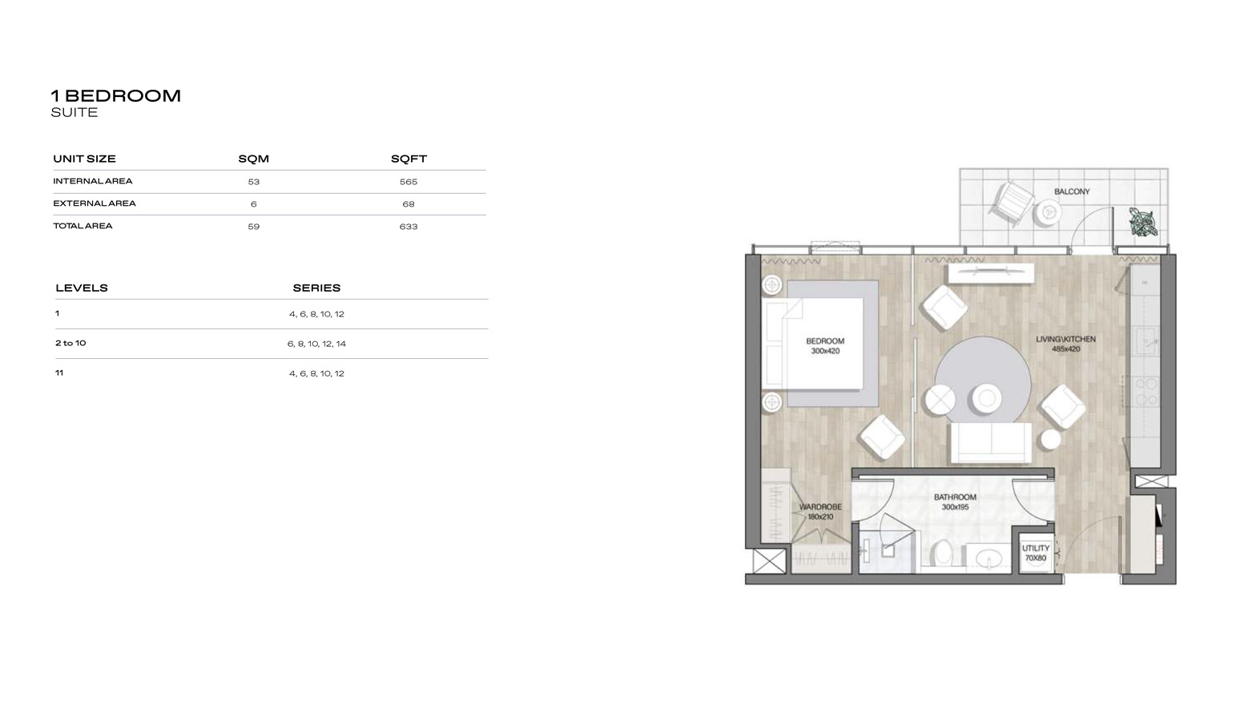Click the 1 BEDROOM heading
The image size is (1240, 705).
tap(116, 96)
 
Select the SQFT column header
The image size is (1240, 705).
tap(409, 159)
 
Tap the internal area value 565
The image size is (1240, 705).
tap(409, 182)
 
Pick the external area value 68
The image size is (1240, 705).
tap(409, 204)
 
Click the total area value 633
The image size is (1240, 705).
tap(409, 227)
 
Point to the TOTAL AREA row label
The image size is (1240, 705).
tap(83, 226)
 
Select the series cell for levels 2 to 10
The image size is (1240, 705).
tap(316, 344)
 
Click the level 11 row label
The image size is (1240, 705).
tap(58, 373)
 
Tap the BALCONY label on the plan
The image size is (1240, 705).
tap(1071, 191)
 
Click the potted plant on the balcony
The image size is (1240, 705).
tap(1143, 221)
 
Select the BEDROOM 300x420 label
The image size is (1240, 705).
tap(824, 346)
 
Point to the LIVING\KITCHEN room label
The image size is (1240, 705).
tap(1065, 344)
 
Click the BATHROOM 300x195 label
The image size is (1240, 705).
tap(955, 502)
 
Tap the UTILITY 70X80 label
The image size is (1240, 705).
tap(1035, 553)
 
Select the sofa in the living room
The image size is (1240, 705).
tap(990, 442)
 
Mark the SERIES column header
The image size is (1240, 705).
tap(316, 288)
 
